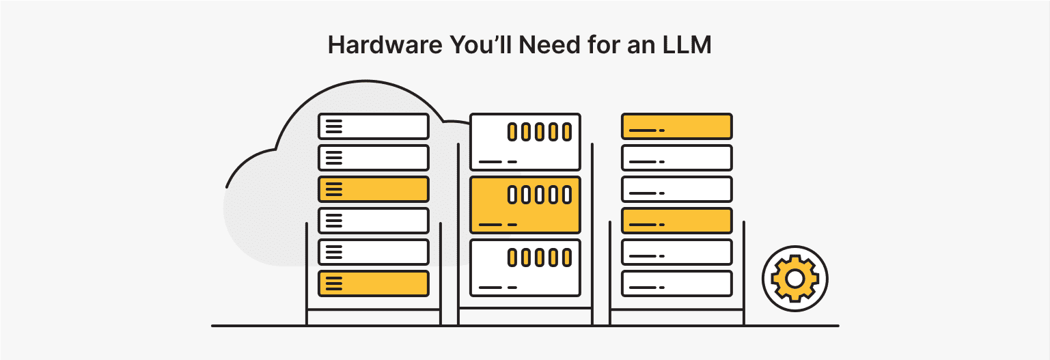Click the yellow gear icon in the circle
(795, 278)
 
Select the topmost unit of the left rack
(373, 126)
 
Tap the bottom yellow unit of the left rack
(373, 283)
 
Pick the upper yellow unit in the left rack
(373, 189)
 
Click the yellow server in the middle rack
(525, 205)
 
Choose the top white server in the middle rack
(525, 142)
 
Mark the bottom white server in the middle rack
(525, 268)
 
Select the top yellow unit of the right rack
(676, 126)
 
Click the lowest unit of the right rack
(676, 283)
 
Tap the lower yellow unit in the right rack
(676, 221)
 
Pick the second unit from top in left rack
(373, 158)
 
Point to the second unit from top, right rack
(676, 158)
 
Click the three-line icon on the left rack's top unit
(333, 126)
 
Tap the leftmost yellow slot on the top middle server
(512, 132)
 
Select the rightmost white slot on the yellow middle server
(566, 195)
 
